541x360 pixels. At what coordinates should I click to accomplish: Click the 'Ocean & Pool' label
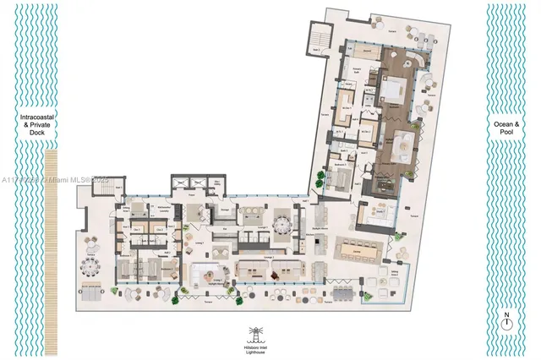505,128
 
